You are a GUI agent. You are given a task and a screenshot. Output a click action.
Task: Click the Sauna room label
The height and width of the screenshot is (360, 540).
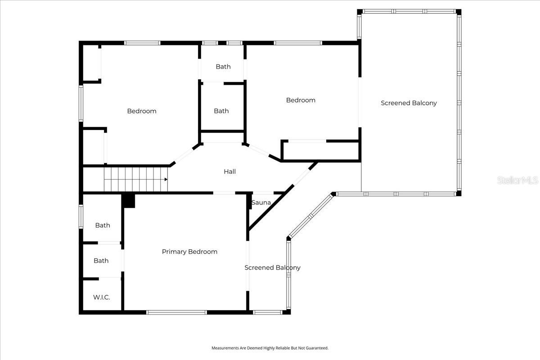pyautogui.click(x=261, y=202)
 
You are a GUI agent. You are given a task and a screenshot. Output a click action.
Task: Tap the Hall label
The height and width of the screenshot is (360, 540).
pyautogui.click(x=229, y=171)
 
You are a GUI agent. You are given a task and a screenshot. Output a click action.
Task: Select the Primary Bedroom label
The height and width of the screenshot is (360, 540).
pyautogui.click(x=189, y=252)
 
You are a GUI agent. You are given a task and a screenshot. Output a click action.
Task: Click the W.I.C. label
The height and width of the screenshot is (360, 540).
pyautogui.click(x=101, y=297)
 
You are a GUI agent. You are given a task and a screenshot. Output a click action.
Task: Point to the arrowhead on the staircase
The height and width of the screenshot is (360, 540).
pyautogui.click(x=166, y=179)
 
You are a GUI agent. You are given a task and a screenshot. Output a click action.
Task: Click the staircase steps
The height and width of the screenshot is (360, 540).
pyautogui.click(x=135, y=179)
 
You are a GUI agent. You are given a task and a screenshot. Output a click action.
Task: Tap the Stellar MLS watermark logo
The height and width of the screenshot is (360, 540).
pyautogui.click(x=517, y=180)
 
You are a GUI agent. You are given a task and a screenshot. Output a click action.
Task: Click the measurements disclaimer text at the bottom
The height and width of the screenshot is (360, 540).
pyautogui.click(x=270, y=348)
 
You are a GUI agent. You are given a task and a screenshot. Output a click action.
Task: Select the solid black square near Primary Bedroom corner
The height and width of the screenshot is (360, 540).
pyautogui.click(x=129, y=201)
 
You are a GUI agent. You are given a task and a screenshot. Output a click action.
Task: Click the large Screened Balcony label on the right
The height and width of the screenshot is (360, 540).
pyautogui.click(x=409, y=103)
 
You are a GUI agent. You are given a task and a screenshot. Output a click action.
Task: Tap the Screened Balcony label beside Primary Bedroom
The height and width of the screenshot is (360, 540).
pyautogui.click(x=272, y=268)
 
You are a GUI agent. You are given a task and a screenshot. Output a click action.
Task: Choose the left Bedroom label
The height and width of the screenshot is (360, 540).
pyautogui.click(x=142, y=111)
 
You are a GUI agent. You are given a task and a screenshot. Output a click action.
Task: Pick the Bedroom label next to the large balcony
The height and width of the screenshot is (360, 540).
pyautogui.click(x=301, y=100)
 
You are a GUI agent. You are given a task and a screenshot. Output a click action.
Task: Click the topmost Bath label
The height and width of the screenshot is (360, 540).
pyautogui.click(x=223, y=67)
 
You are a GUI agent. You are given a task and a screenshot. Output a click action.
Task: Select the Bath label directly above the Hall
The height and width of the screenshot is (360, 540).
pyautogui.click(x=221, y=111)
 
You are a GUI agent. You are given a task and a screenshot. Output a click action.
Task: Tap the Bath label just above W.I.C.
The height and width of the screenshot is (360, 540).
pyautogui.click(x=101, y=261)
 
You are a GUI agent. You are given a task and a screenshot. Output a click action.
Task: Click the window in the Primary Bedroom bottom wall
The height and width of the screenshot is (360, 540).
pyautogui.click(x=177, y=312)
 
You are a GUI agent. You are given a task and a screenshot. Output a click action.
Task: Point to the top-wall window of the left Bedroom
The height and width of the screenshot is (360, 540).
pyautogui.click(x=142, y=43)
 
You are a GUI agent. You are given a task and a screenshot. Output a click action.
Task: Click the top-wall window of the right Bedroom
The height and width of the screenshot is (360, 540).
pyautogui.click(x=298, y=43)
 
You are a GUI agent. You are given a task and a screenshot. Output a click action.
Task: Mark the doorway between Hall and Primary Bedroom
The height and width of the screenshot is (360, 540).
pyautogui.click(x=224, y=193)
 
